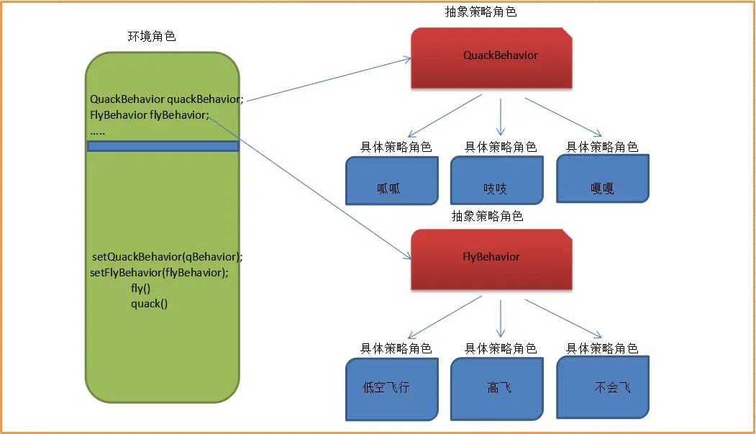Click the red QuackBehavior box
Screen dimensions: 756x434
click(491, 58)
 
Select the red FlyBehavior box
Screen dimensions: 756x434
click(491, 259)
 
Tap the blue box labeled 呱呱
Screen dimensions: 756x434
click(392, 181)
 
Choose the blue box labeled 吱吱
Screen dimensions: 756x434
click(496, 181)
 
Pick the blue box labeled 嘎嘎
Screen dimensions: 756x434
click(603, 178)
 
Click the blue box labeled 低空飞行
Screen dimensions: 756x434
click(392, 389)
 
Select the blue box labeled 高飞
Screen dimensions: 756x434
click(496, 389)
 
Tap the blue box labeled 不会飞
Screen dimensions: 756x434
click(603, 387)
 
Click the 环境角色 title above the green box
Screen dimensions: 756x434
click(152, 36)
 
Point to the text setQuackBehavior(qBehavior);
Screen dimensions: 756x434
click(168, 256)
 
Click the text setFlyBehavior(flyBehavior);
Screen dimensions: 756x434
click(159, 273)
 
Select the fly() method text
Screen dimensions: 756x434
click(141, 289)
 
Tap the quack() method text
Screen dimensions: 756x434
click(150, 304)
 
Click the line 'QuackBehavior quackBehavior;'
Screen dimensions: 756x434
click(167, 99)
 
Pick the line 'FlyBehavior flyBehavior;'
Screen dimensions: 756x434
click(150, 114)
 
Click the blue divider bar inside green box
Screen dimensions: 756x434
click(163, 146)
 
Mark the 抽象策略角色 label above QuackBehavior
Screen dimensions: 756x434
click(481, 12)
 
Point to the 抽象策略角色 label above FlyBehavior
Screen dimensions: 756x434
click(487, 216)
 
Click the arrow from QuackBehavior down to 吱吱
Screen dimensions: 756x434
click(501, 117)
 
